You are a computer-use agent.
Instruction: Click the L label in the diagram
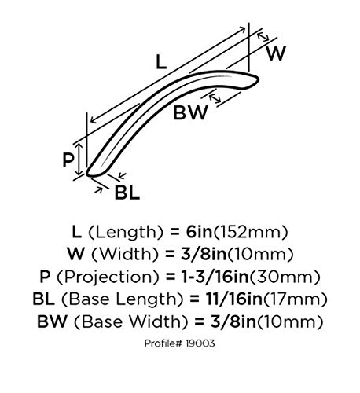point(161,63)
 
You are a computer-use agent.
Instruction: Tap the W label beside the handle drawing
point(276,53)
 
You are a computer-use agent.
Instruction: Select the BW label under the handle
point(190,112)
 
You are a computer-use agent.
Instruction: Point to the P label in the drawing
point(68,160)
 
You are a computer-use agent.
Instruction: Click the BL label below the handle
point(127,193)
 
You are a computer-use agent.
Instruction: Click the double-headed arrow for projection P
point(79,160)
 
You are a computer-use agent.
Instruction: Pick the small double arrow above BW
point(215,98)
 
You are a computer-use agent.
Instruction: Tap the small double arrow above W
point(263,37)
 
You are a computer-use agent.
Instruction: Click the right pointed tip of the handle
point(259,78)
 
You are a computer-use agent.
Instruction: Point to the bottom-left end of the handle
point(87,174)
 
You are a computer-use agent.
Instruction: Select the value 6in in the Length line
point(199,232)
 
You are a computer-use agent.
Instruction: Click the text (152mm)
point(251,232)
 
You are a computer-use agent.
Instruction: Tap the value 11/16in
point(234,299)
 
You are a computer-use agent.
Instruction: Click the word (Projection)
point(108,277)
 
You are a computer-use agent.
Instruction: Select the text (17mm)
point(296,299)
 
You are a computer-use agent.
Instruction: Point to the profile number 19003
point(200,343)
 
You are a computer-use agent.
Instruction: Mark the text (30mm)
point(284,277)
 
